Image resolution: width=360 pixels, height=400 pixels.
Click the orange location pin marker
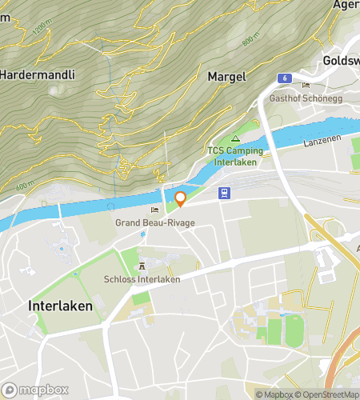pos(180,198)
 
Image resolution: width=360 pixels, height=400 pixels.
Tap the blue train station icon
pos(226,193)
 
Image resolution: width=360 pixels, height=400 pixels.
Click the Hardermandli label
pos(38,74)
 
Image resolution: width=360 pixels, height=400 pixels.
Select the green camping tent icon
pos(235,138)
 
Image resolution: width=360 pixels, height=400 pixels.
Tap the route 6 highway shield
pos(284,77)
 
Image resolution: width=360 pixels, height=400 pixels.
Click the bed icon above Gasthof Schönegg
pos(305,85)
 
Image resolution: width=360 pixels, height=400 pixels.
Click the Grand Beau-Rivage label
pos(154,222)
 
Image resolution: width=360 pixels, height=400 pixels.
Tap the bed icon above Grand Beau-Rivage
pos(154,210)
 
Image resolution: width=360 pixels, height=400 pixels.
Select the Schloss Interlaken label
pos(142,279)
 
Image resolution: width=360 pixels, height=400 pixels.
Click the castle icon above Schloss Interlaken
pos(142,266)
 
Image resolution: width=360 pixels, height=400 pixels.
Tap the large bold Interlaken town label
pos(60,306)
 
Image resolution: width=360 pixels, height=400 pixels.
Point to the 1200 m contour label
pos(40,30)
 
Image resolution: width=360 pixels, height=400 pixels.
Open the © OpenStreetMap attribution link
pos(326,394)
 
